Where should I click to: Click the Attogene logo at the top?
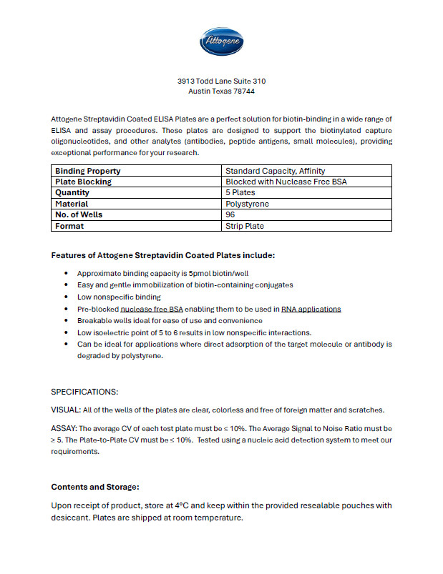tap(221, 41)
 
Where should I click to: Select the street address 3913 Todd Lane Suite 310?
tap(221, 81)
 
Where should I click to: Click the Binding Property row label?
tap(88, 171)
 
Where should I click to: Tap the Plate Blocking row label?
tap(83, 182)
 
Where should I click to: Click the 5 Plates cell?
tap(240, 193)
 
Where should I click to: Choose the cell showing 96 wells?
tap(230, 214)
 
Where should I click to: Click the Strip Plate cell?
tap(245, 226)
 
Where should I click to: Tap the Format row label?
tap(69, 226)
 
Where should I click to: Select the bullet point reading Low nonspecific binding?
tap(119, 297)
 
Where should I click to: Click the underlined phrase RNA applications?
tap(311, 309)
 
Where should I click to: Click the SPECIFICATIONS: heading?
tap(84, 392)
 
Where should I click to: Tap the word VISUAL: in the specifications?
tap(66, 410)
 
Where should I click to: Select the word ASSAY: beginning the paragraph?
tap(64, 428)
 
